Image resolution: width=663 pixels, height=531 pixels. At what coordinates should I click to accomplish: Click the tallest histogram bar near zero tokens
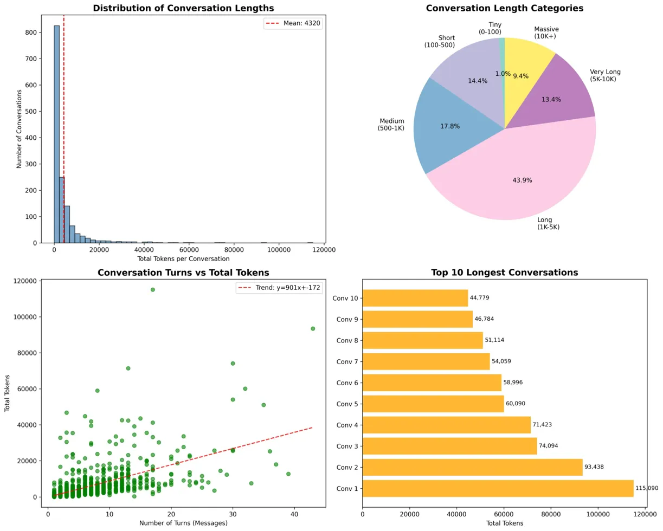[x=56, y=135]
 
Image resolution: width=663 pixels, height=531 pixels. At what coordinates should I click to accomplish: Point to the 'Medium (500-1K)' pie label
[x=391, y=124]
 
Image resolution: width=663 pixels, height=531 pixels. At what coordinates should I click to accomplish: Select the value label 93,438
[x=598, y=467]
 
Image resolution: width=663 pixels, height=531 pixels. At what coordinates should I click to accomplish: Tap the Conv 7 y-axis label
[x=347, y=361]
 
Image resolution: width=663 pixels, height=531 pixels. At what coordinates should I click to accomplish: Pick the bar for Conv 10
[x=415, y=298]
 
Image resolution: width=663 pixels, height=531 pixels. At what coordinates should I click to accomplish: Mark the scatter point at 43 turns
[x=313, y=328]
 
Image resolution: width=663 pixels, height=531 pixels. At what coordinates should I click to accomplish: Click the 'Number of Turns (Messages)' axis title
[x=184, y=523]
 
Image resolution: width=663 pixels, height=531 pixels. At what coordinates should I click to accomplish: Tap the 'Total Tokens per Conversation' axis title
[x=184, y=259]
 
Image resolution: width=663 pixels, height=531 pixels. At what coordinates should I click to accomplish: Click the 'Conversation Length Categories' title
[x=505, y=8]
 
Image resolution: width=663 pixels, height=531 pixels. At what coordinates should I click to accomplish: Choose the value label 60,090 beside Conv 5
[x=516, y=404]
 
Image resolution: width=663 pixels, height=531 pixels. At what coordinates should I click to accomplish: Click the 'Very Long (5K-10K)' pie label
[x=605, y=75]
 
